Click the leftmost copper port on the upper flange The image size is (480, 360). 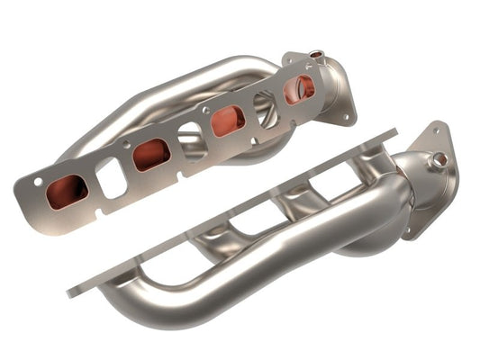pyautogui.click(x=67, y=190)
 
